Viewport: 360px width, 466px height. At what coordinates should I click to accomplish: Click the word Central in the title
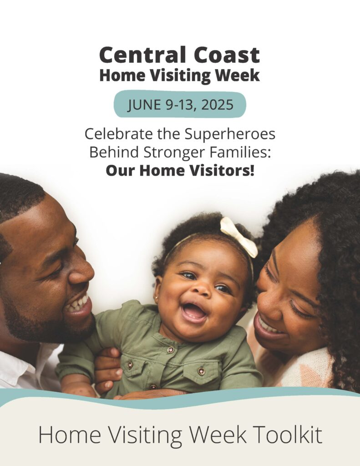pyautogui.click(x=143, y=55)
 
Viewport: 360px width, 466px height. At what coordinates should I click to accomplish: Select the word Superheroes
pyautogui.click(x=230, y=134)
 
